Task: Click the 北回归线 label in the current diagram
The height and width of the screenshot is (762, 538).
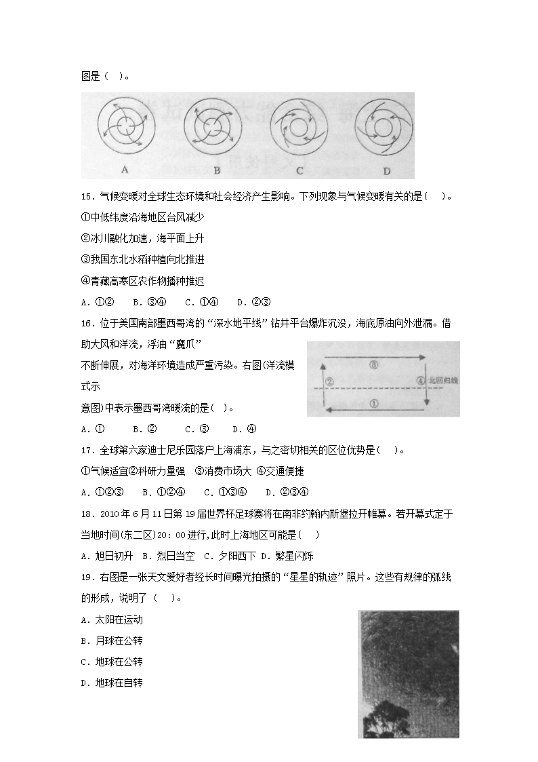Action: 443,381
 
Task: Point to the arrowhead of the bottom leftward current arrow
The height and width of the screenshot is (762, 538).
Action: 327,410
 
